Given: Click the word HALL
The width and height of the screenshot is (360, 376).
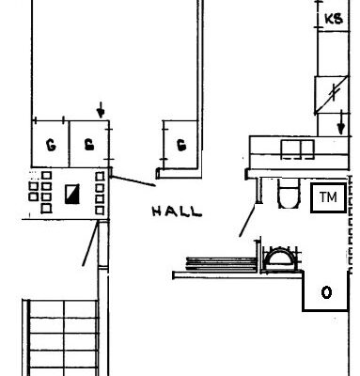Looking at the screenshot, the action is click(177, 211).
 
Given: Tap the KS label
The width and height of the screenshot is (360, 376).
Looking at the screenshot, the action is click(334, 19).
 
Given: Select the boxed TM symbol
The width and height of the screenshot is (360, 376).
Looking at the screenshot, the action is click(328, 198).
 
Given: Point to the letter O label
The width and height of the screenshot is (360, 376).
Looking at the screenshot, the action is click(326, 292).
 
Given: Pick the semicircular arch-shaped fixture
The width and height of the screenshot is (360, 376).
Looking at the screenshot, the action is click(279, 258).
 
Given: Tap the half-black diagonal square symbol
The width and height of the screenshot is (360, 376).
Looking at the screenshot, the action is click(72, 195).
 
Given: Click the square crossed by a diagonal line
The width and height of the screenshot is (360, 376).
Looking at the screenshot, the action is click(332, 94).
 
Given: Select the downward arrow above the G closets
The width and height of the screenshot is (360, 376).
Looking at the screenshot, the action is click(101, 110).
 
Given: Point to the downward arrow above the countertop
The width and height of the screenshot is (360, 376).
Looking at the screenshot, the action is click(341, 122).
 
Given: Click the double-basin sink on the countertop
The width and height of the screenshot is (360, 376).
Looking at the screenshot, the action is click(297, 149).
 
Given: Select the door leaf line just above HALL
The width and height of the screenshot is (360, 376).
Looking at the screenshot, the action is click(133, 181).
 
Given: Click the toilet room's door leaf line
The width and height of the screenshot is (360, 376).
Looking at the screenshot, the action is click(247, 221).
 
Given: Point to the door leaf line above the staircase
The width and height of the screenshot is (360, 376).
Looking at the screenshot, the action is click(90, 243).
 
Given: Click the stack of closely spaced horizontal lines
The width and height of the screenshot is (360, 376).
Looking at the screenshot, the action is click(221, 264).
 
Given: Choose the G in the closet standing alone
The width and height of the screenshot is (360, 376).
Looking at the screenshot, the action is click(180, 145).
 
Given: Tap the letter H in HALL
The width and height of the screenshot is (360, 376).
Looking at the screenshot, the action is click(157, 211).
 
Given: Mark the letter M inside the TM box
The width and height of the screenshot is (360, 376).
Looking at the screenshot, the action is click(333, 197).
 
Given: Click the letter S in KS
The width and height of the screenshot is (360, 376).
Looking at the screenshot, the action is click(338, 19).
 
